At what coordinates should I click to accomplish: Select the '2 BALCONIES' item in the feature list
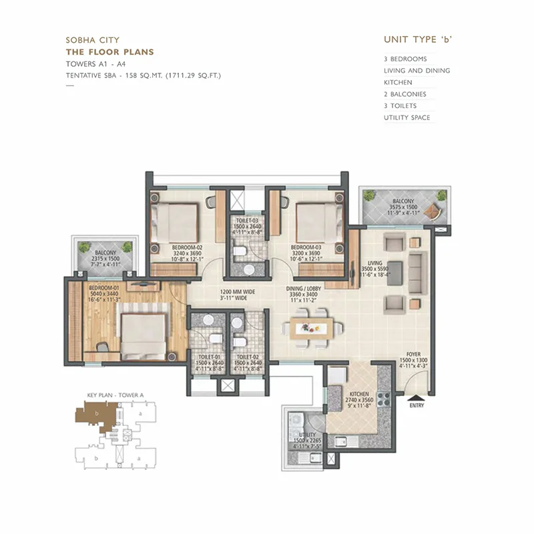tap(405, 94)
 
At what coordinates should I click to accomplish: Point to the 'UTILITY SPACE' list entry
tap(407, 118)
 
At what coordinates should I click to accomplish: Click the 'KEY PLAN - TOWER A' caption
tap(115, 395)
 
